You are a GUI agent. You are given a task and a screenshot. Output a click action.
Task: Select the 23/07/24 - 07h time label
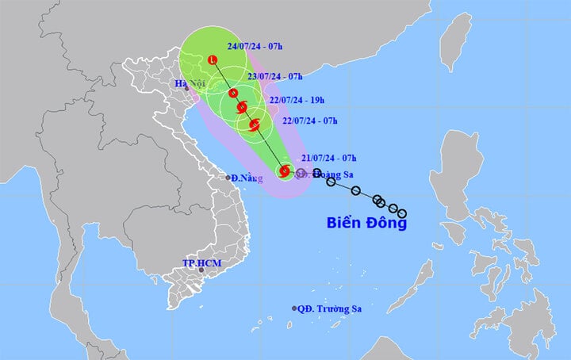(x=275, y=77)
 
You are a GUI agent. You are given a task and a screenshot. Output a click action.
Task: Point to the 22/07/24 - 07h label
(x=310, y=121)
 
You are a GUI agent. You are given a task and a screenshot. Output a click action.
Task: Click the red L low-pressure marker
(x=213, y=60)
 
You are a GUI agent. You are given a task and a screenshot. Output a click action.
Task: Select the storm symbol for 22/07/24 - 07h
(x=255, y=124)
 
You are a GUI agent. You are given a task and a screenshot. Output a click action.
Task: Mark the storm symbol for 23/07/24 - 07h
(x=234, y=94)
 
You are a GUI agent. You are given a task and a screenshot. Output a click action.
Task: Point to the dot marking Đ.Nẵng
(x=228, y=178)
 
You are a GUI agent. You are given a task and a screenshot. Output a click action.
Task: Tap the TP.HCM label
(x=199, y=262)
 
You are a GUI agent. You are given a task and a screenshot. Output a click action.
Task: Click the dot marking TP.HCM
(x=201, y=270)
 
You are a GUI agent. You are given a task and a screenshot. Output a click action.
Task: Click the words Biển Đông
(x=366, y=223)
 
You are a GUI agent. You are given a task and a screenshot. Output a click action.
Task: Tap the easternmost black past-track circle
(x=402, y=213)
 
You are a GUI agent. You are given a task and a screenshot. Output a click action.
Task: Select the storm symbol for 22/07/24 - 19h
(x=242, y=107)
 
